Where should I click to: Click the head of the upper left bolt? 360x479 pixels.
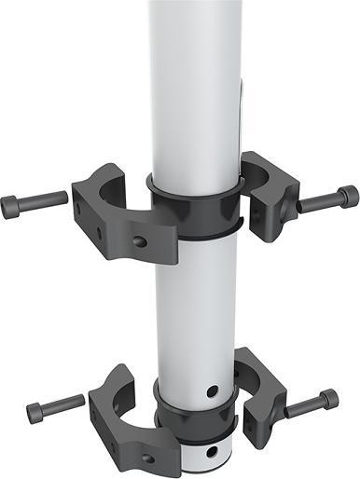(x=10, y=205)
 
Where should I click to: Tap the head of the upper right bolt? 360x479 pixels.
(x=347, y=196)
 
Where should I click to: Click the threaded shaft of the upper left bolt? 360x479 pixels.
(x=44, y=199)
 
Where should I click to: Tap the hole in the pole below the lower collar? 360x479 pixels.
(x=215, y=454)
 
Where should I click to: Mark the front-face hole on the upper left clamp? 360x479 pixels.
(x=139, y=241)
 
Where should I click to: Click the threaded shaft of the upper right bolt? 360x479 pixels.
(x=317, y=201)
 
